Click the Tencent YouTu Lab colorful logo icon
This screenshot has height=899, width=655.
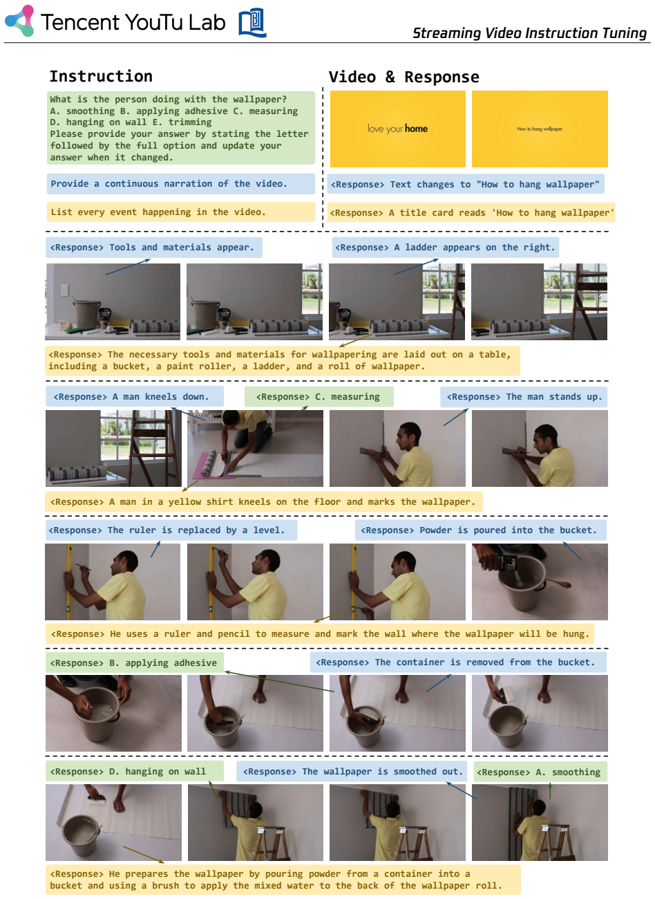(19, 21)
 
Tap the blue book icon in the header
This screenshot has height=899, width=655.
(252, 22)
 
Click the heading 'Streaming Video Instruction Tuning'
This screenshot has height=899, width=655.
(529, 33)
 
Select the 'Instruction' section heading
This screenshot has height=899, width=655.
(101, 76)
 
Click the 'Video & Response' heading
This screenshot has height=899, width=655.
(404, 77)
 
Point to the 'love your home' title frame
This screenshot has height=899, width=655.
(397, 129)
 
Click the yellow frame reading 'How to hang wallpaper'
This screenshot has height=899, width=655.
(540, 129)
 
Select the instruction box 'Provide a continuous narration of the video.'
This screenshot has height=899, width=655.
(181, 184)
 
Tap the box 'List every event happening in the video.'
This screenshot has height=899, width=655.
(181, 212)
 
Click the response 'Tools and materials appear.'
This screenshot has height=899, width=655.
(154, 248)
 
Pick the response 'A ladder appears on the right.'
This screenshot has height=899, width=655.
(445, 248)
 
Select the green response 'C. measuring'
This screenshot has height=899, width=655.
(319, 396)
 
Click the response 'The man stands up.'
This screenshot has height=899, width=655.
(524, 396)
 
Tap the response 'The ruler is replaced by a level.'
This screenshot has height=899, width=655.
(171, 530)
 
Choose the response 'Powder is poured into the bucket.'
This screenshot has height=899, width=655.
(480, 530)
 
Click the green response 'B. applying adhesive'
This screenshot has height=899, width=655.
(135, 662)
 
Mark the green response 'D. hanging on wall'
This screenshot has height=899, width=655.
(135, 771)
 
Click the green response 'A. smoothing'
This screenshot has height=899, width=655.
(540, 772)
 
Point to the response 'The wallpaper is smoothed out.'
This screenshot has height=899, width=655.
(352, 771)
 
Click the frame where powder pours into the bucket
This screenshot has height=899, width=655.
(540, 582)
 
